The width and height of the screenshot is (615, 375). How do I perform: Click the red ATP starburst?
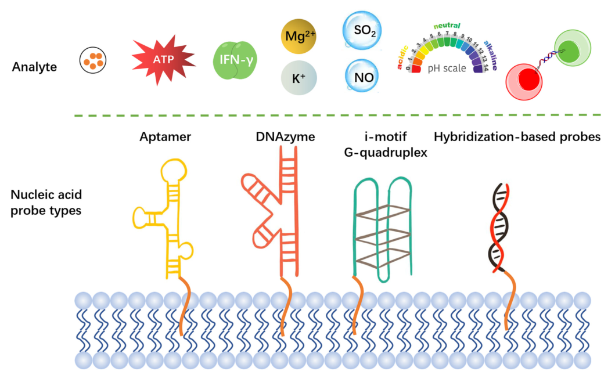[163, 60]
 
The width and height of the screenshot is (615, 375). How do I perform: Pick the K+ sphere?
[298, 78]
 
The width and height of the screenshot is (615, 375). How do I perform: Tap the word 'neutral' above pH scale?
[447, 26]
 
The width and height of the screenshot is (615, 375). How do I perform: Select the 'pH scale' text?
[447, 68]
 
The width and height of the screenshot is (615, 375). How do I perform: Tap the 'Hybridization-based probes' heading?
[517, 137]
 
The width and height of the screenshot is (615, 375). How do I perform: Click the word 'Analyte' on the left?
[34, 67]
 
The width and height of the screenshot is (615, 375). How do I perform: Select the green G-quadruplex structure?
[382, 226]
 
